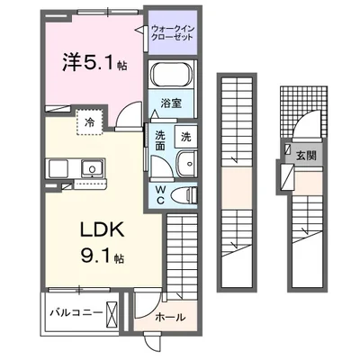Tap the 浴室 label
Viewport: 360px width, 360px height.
(172, 103)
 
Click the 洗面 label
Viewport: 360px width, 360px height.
(158, 141)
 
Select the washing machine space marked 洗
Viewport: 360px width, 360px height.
(184, 138)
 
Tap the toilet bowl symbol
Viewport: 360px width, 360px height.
(184, 193)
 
